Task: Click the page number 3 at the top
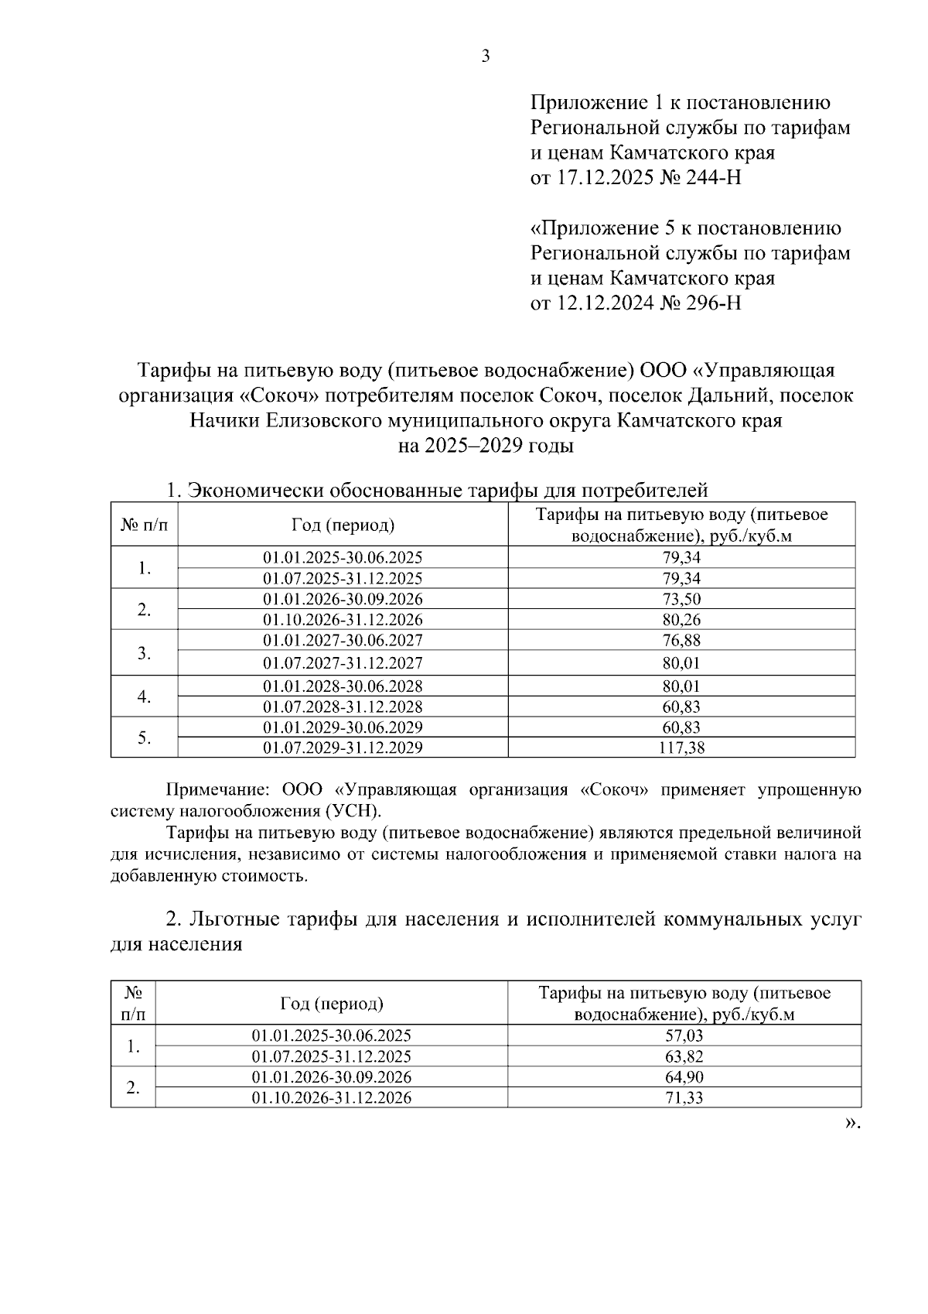486,56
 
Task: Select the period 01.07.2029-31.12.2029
343,748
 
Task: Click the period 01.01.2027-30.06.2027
343,640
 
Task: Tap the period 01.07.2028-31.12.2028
343,707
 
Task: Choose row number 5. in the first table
144,737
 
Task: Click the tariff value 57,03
684,1035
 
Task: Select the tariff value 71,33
684,1097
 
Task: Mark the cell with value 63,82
684,1056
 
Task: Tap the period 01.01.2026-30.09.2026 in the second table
331,1077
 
